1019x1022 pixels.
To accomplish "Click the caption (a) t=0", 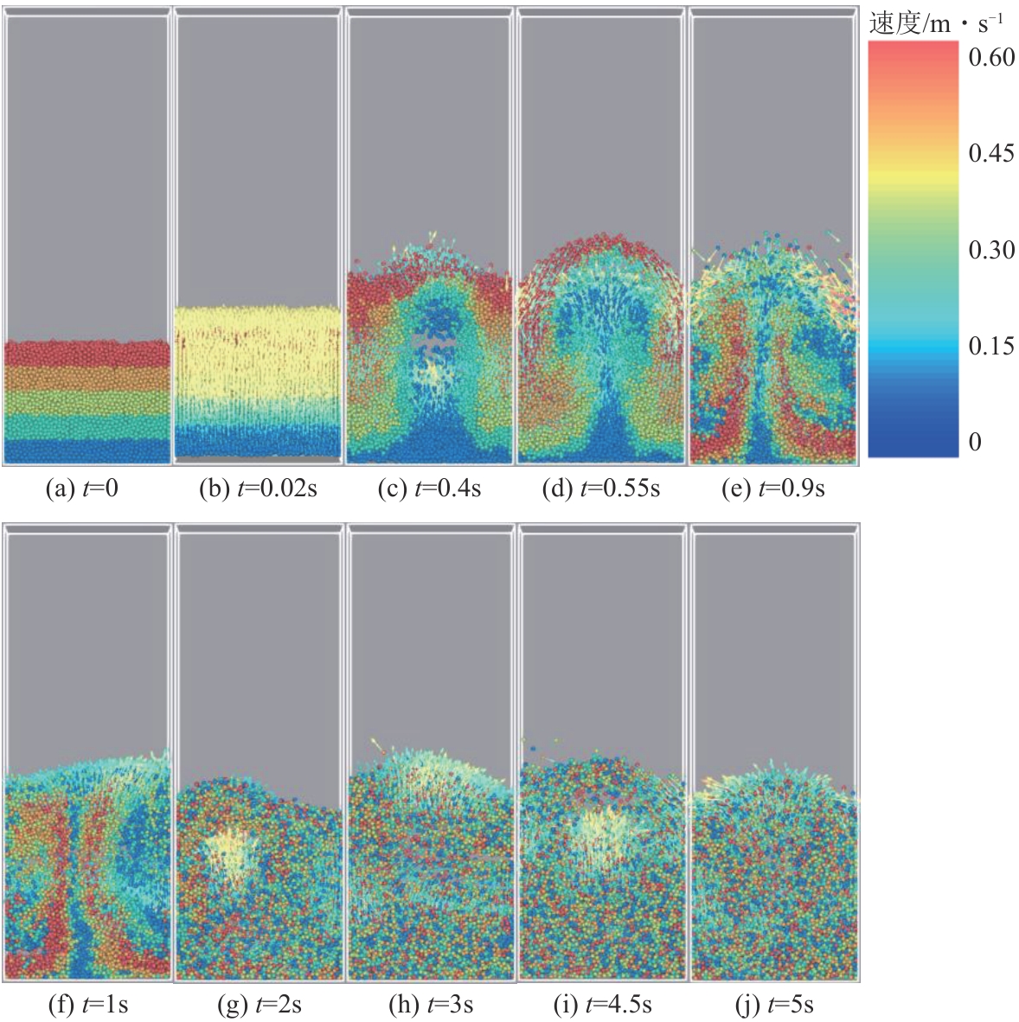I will click(81, 489).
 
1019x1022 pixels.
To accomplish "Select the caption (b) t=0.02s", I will click(258, 489).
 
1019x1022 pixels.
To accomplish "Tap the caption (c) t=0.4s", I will click(429, 489).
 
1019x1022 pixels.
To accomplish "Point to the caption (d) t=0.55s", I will click(600, 489).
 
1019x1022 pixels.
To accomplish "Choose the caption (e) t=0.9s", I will click(772, 489).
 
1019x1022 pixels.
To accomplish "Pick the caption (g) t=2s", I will click(259, 1005).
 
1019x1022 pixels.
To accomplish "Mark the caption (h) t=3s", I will click(430, 1005).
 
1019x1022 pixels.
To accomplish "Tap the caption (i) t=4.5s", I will click(602, 1005).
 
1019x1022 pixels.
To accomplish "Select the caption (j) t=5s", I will click(773, 1005).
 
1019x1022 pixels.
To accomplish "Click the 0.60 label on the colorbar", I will click(991, 58).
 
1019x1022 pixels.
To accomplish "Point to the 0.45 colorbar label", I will click(991, 154).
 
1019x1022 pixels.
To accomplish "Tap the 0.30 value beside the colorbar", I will click(991, 250).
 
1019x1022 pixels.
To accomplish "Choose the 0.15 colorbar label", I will click(991, 346).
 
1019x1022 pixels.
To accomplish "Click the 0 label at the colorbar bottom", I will click(975, 442).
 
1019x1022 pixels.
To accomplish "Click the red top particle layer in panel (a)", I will click(86, 353).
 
